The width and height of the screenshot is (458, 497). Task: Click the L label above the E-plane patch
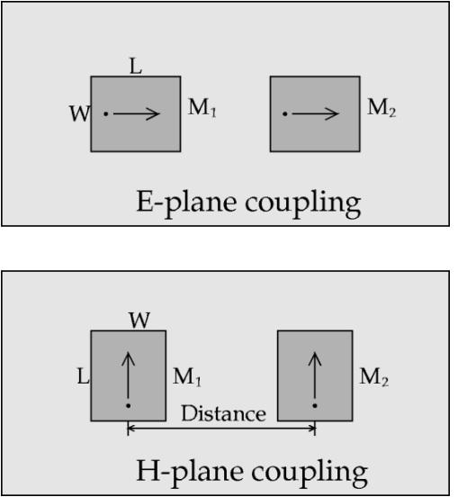pyautogui.click(x=136, y=67)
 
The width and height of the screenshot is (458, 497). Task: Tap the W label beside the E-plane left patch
pyautogui.click(x=80, y=113)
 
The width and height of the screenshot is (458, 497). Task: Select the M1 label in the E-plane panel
pyautogui.click(x=202, y=107)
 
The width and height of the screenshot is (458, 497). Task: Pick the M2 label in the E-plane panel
pyautogui.click(x=382, y=107)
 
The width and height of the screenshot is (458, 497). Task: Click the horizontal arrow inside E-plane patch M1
pyautogui.click(x=137, y=113)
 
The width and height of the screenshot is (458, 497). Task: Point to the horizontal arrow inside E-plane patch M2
pyautogui.click(x=316, y=113)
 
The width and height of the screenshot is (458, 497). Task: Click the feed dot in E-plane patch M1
pyautogui.click(x=106, y=113)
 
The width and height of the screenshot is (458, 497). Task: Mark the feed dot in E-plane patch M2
pyautogui.click(x=285, y=113)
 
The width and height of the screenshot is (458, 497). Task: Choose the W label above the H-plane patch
pyautogui.click(x=139, y=321)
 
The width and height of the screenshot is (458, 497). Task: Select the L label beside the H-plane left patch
pyautogui.click(x=84, y=376)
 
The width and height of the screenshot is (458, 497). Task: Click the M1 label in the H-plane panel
pyautogui.click(x=187, y=377)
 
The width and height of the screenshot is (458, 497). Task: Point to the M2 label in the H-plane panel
pyautogui.click(x=373, y=377)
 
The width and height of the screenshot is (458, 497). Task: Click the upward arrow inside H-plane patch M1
pyautogui.click(x=129, y=375)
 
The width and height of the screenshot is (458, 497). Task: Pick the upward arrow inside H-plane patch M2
pyautogui.click(x=315, y=375)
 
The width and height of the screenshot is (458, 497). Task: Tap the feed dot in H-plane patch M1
pyautogui.click(x=129, y=405)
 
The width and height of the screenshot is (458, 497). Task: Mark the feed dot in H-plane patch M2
pyautogui.click(x=315, y=405)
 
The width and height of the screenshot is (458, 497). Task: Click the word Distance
pyautogui.click(x=224, y=413)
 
